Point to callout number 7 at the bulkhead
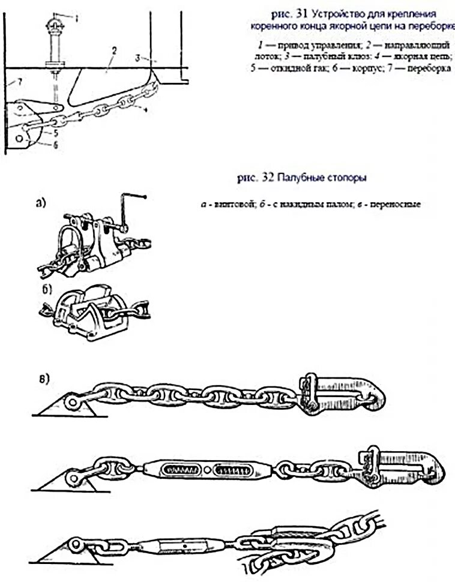(x=20, y=81)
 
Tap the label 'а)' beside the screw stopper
(x=40, y=203)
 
